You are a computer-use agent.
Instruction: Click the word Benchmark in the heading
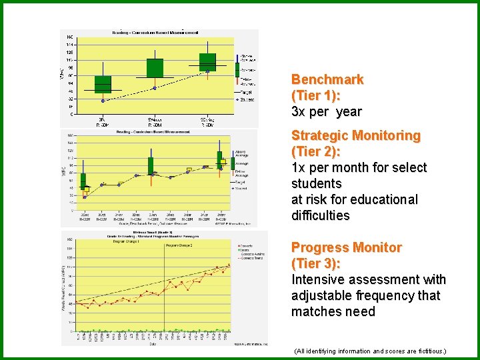click(327, 79)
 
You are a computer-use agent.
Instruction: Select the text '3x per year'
click(326, 111)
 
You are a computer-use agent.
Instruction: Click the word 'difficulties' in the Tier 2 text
click(320, 215)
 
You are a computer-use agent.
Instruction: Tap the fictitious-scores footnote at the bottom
click(369, 351)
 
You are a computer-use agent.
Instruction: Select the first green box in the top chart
click(103, 84)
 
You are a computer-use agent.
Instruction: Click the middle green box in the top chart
click(155, 68)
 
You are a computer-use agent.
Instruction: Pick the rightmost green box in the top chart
click(207, 62)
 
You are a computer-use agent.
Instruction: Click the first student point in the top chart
click(103, 101)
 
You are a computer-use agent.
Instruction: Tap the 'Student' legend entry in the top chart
click(247, 99)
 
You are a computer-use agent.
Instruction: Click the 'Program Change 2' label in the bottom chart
click(179, 245)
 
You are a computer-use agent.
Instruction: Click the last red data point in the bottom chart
click(229, 265)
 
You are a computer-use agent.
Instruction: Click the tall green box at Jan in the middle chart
click(151, 166)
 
